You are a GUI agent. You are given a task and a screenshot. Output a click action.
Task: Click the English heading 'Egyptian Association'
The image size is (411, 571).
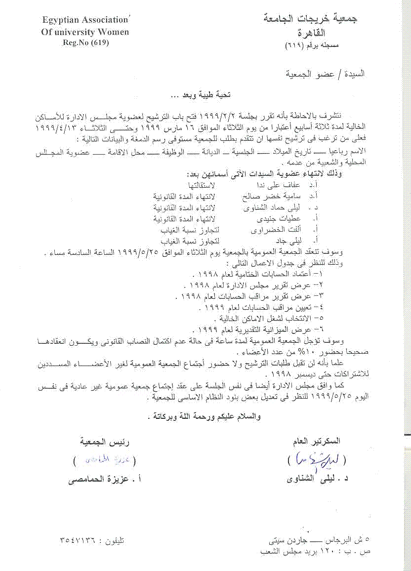(x=78, y=20)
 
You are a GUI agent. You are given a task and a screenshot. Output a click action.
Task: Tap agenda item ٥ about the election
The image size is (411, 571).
(x=267, y=318)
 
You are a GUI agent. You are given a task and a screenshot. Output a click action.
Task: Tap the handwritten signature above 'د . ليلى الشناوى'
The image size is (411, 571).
(x=317, y=460)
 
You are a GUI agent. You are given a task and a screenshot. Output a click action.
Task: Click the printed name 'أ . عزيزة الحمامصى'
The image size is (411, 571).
(x=102, y=479)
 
